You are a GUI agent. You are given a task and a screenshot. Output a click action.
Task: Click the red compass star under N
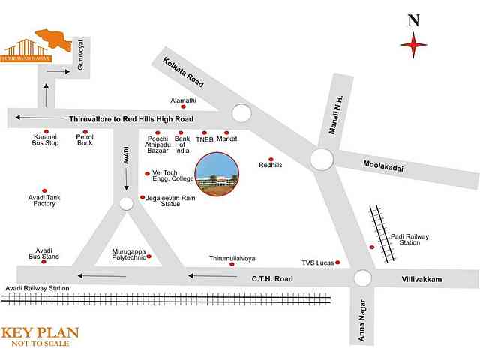(x=413, y=47)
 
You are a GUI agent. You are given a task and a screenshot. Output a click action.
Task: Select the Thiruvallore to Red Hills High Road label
(x=131, y=119)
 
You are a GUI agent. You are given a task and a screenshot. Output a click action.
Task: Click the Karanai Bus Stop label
(x=45, y=140)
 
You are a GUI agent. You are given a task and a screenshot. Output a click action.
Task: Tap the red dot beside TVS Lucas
(x=338, y=262)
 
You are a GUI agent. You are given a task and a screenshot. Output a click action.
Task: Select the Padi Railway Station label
(x=409, y=239)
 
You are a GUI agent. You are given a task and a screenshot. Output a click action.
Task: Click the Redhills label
(x=270, y=166)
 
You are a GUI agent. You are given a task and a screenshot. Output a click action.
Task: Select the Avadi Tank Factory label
(x=44, y=201)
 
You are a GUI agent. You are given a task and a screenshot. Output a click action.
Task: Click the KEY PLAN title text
(x=40, y=332)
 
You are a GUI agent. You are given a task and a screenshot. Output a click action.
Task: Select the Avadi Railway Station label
(x=37, y=288)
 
